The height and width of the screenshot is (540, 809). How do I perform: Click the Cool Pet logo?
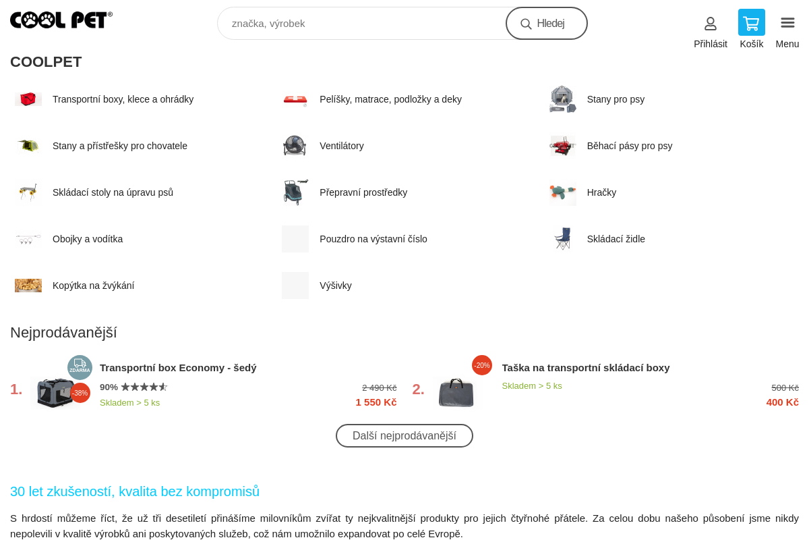tap(61, 20)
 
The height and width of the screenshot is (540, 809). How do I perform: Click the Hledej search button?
tap(547, 24)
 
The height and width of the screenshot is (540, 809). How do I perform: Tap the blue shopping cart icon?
tap(751, 22)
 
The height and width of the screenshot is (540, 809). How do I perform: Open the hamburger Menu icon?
tap(787, 23)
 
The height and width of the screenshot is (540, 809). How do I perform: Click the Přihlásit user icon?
tap(711, 24)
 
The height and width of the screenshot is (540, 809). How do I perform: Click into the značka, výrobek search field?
tap(361, 24)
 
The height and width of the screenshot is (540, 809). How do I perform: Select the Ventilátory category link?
tap(342, 146)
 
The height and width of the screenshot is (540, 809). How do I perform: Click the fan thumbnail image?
tap(295, 145)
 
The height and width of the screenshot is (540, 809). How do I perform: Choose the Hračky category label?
tap(601, 192)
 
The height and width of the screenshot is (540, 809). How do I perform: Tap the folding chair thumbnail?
tap(563, 239)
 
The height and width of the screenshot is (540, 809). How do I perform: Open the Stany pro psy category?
tap(616, 99)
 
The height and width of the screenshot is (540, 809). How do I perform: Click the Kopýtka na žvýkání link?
tap(93, 286)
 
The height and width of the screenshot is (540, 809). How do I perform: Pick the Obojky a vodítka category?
tap(88, 239)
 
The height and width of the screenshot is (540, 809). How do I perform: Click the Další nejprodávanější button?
tap(404, 435)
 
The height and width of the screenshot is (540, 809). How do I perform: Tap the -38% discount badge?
tap(80, 393)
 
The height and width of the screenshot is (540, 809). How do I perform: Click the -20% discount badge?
tap(482, 365)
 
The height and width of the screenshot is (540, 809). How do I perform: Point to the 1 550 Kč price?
tap(376, 402)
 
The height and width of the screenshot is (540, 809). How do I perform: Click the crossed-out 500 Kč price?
tap(785, 387)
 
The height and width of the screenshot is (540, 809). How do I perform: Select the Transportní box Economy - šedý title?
tap(178, 368)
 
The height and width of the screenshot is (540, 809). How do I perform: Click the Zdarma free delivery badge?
tap(80, 367)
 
